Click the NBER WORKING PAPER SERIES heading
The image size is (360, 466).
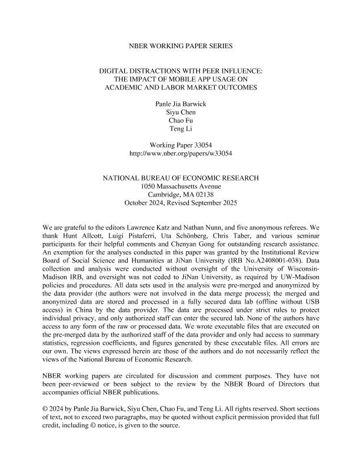coord(180,45)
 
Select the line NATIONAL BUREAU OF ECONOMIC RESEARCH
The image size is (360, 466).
coord(180,178)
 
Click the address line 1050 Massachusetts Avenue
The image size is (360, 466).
coord(180,187)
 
